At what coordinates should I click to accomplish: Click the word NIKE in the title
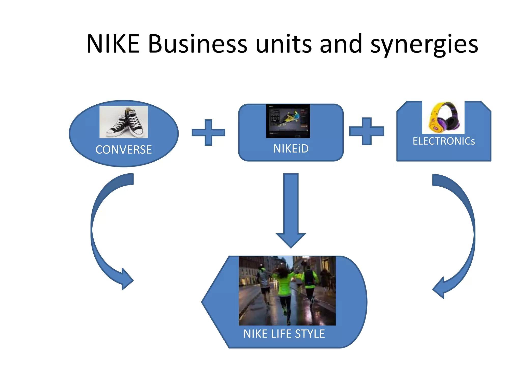pyautogui.click(x=113, y=44)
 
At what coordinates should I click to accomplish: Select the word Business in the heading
pyautogui.click(x=197, y=44)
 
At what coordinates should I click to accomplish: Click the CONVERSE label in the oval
pyautogui.click(x=124, y=150)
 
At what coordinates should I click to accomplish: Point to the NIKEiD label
pyautogui.click(x=291, y=149)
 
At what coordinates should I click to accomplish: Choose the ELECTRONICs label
pyautogui.click(x=444, y=141)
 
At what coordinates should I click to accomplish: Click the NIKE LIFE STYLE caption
pyautogui.click(x=284, y=334)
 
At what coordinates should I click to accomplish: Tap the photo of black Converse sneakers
pyautogui.click(x=124, y=122)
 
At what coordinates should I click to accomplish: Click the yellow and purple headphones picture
pyautogui.click(x=443, y=117)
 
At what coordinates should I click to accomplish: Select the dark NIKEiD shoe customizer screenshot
pyautogui.click(x=288, y=121)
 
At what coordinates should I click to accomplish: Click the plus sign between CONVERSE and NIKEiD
pyautogui.click(x=208, y=133)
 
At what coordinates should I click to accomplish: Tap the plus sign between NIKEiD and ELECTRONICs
pyautogui.click(x=367, y=131)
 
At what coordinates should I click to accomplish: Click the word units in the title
pyautogui.click(x=283, y=44)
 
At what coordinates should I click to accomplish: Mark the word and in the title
pyautogui.click(x=341, y=44)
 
